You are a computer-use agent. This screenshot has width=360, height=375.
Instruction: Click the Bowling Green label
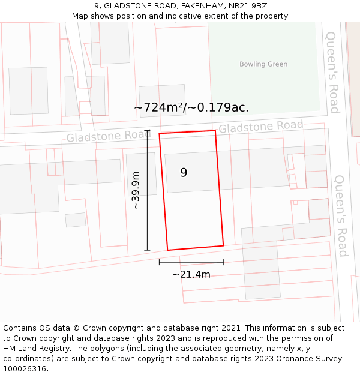tap(263, 64)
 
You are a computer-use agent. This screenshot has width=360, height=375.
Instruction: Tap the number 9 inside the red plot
tap(184, 172)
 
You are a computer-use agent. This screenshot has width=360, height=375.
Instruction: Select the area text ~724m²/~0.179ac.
tap(191, 107)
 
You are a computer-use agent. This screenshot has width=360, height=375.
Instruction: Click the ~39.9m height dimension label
tap(136, 190)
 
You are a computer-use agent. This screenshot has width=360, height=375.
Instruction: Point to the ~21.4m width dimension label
tap(191, 274)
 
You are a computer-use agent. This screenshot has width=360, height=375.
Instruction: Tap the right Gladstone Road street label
tap(260, 127)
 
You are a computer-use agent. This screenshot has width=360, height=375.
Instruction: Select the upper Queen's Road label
tap(332, 72)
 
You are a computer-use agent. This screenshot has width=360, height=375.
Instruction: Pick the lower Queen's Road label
tap(341, 216)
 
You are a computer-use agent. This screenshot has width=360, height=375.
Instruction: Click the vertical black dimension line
tap(147, 190)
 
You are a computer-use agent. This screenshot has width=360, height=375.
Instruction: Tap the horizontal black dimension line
tap(191, 262)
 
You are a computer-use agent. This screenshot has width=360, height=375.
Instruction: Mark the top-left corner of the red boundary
tap(160, 134)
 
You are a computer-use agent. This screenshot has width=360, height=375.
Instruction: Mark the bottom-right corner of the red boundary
tap(223, 245)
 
